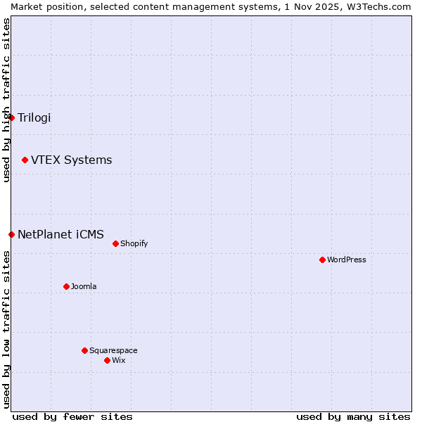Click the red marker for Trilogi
coord(11,117)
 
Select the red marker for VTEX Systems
coord(25,160)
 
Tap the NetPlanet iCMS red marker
coord(11,234)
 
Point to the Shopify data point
coord(115,244)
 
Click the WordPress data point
coord(322,260)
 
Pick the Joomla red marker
coord(66,287)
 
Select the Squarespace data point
coord(84,351)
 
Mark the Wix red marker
coord(107,361)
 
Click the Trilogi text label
coord(34,117)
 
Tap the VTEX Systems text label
coord(71,160)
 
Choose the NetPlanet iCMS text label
coord(60,234)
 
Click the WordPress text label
coord(347,260)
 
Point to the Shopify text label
coord(134,244)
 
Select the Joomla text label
coord(84,287)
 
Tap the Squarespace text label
coord(113,351)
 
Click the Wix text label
coord(119,361)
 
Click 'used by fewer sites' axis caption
coord(72,416)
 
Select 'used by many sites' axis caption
coord(353,416)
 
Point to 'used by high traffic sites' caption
coord(6,100)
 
